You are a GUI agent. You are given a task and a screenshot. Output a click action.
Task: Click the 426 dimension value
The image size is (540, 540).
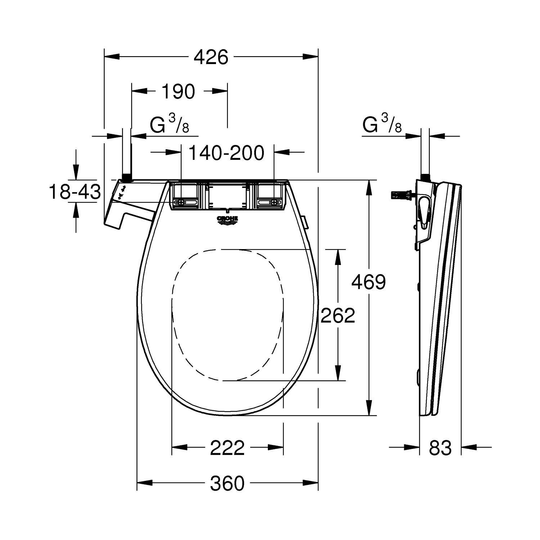pyautogui.click(x=211, y=57)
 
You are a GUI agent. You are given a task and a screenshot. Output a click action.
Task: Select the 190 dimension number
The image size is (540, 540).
pyautogui.click(x=178, y=91)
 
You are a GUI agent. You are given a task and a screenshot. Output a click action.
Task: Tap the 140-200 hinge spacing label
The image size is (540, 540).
pyautogui.click(x=226, y=153)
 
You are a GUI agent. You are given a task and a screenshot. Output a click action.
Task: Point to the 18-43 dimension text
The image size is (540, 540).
pyautogui.click(x=75, y=192)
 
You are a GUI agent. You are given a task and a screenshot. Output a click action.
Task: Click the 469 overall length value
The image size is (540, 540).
pyautogui.click(x=368, y=282)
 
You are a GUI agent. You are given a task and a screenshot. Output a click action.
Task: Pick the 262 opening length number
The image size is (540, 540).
pyautogui.click(x=338, y=315)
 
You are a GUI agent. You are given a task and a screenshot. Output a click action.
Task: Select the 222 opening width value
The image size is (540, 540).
pyautogui.click(x=227, y=448)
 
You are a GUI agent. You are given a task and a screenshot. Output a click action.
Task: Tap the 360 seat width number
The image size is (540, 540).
pyautogui.click(x=227, y=483)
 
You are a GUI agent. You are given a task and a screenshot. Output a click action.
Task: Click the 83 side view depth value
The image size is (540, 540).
pyautogui.click(x=440, y=448)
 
